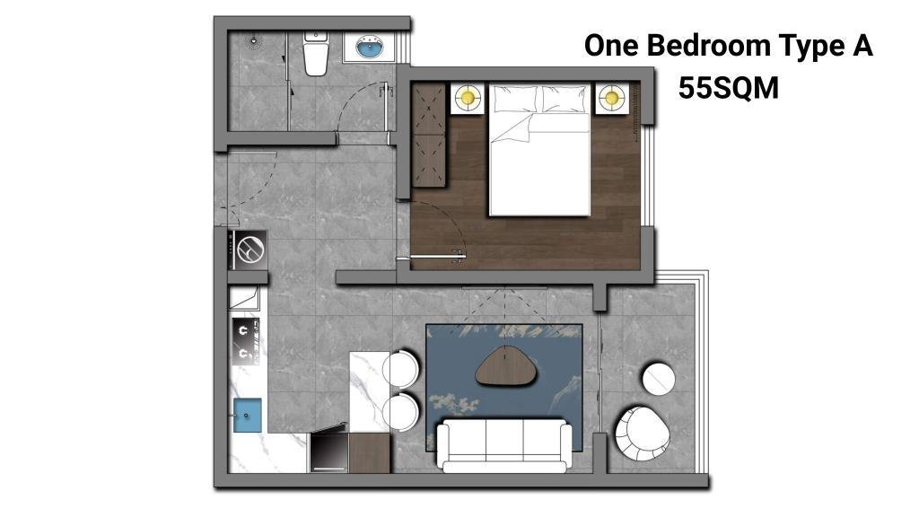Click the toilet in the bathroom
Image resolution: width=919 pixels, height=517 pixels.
[315, 55]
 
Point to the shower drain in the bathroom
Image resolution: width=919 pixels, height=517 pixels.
[254, 41]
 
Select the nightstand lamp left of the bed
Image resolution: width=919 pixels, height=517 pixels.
[468, 97]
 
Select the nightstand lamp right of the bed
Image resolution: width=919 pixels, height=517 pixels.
[612, 97]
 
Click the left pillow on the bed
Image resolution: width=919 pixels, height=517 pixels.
[515, 99]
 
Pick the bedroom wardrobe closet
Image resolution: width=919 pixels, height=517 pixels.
[429, 135]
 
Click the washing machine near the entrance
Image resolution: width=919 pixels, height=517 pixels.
[249, 250]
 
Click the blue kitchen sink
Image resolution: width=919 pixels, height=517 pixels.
[248, 415]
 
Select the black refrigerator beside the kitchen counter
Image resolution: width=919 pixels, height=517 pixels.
[328, 452]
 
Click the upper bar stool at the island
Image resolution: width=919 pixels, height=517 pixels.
[401, 369]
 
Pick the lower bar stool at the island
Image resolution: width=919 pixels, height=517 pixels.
[401, 412]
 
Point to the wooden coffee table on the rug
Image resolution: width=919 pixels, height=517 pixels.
[506, 367]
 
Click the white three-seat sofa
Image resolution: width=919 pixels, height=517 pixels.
[504, 446]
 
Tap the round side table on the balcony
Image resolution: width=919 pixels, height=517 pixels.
[659, 379]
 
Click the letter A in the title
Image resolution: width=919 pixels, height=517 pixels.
[862, 46]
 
